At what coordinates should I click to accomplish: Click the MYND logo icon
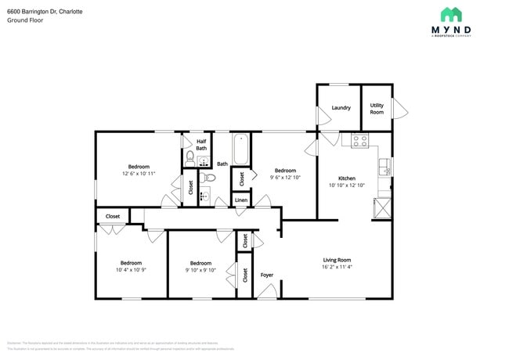(450, 14)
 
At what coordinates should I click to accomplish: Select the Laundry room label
(341, 107)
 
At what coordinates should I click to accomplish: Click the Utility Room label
(377, 108)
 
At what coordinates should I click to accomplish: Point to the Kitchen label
(347, 178)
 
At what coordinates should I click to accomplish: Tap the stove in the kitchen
(360, 141)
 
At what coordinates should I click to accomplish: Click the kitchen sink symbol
(384, 167)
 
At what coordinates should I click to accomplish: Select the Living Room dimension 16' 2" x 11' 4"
(338, 267)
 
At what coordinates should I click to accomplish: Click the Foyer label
(267, 275)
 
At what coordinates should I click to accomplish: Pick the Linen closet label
(241, 201)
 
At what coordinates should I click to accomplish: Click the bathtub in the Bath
(240, 149)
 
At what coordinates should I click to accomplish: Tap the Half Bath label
(201, 144)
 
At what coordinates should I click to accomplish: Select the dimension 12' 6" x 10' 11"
(139, 173)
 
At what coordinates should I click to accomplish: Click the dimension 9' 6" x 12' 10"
(285, 178)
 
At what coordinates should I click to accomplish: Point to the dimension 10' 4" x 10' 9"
(131, 270)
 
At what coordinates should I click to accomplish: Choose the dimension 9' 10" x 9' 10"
(200, 270)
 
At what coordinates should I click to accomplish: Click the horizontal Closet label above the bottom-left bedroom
(113, 216)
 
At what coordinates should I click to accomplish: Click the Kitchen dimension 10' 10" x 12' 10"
(347, 185)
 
